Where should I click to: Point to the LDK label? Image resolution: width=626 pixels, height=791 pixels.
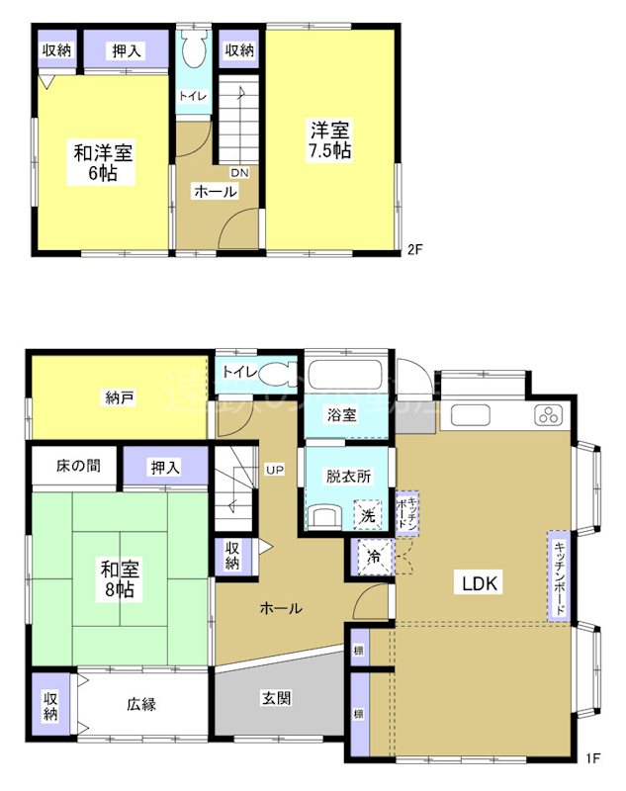(484, 582)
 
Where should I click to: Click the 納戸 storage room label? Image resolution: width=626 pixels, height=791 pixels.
(120, 398)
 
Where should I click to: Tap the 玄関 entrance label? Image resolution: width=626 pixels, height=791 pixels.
(276, 698)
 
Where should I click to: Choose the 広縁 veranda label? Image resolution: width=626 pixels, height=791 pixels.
(141, 705)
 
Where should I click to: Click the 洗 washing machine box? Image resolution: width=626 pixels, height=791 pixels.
(366, 515)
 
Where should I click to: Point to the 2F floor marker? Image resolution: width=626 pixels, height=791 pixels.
(415, 249)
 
